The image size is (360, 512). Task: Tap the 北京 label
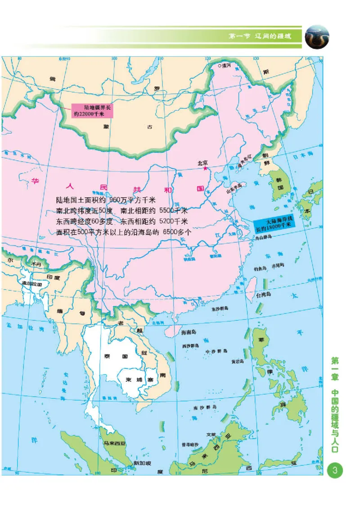click(x=204, y=163)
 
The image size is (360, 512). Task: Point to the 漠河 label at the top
click(x=225, y=66)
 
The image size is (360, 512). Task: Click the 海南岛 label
click(x=189, y=333)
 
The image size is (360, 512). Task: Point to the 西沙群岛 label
click(x=191, y=346)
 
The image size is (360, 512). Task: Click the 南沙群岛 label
click(x=205, y=407)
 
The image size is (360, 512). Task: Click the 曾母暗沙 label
click(x=190, y=444)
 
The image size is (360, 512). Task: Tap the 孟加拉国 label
click(x=31, y=284)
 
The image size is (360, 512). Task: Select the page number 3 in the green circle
click(x=335, y=471)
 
